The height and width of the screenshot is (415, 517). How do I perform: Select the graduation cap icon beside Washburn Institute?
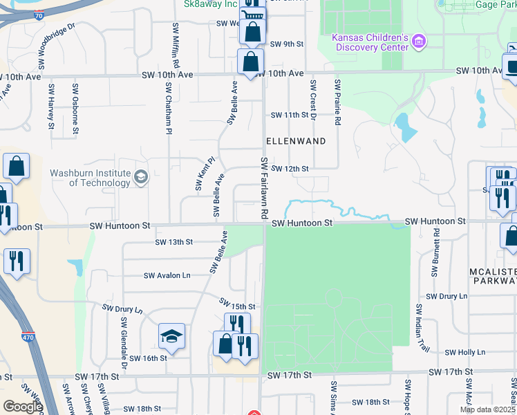(x=141, y=177)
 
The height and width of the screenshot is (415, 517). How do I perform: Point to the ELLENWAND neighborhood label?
(x=296, y=140)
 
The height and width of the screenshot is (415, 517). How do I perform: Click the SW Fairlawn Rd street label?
(x=264, y=188)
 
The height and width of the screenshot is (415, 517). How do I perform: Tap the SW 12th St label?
(x=289, y=168)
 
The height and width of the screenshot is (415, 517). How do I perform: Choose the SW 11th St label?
(x=288, y=115)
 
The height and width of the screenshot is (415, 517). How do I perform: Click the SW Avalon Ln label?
(x=167, y=275)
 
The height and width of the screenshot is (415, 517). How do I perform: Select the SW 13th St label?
(x=173, y=243)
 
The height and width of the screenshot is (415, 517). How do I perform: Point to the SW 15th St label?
(x=237, y=304)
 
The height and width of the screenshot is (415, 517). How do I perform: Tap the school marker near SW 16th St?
(x=171, y=337)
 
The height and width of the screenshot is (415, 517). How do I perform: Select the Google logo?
(x=23, y=407)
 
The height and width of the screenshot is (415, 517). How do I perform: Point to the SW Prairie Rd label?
(x=337, y=102)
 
